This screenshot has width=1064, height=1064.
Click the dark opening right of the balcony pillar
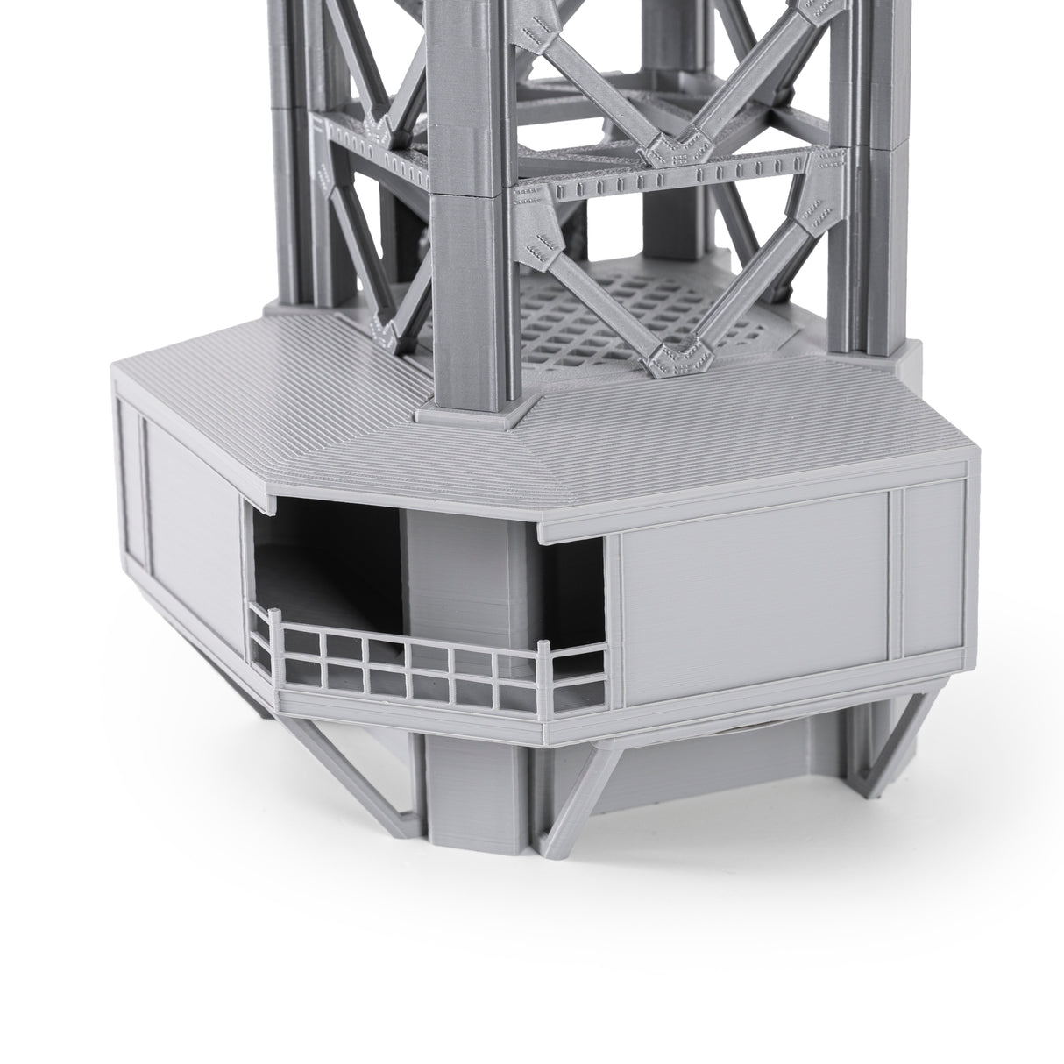pyautogui.click(x=574, y=596)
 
